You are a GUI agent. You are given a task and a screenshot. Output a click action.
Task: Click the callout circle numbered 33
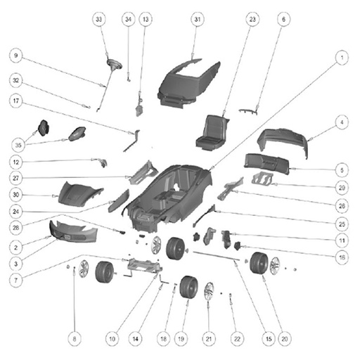(98, 19)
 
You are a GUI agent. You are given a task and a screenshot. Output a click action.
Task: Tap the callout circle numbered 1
(342, 58)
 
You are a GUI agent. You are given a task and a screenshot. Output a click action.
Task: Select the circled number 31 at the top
(198, 19)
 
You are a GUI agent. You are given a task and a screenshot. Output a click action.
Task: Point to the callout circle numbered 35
(18, 145)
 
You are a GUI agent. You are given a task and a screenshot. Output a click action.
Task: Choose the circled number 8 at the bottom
(75, 339)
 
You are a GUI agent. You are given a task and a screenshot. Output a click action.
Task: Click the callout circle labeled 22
(237, 339)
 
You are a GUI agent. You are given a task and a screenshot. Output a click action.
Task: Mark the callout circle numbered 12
(15, 162)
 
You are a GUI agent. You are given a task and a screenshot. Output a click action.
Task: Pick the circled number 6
(283, 19)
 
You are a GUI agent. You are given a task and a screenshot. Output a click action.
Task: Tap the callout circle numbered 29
(342, 188)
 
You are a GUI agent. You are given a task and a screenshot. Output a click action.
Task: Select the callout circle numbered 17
(15, 101)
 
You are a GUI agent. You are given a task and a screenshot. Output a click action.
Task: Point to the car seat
(212, 133)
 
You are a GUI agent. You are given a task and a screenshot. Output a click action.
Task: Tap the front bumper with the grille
(73, 231)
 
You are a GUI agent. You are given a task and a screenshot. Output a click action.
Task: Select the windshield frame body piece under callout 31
(188, 82)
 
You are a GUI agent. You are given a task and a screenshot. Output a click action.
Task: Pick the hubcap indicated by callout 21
(209, 292)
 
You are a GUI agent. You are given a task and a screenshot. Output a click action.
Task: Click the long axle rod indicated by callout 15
(216, 256)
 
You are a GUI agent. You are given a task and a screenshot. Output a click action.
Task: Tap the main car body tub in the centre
(169, 197)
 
